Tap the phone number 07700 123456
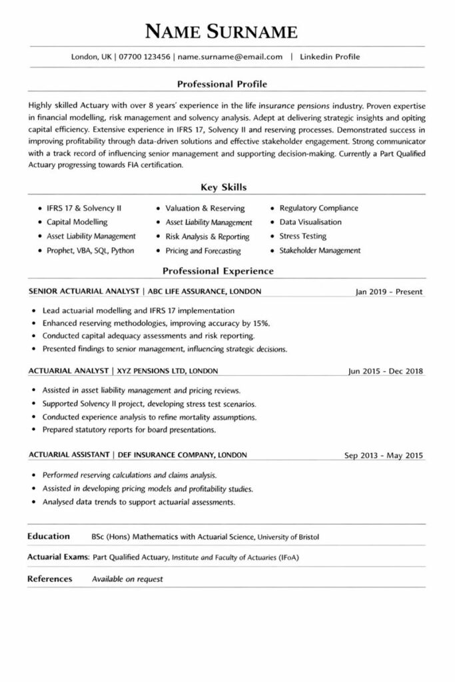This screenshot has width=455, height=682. tap(145, 57)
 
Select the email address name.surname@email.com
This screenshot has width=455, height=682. tap(230, 57)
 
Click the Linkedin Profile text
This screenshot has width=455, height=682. tap(330, 57)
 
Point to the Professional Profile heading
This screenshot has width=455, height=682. tap(223, 85)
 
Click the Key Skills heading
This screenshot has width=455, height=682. tap(223, 188)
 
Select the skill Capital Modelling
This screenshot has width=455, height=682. tap(77, 222)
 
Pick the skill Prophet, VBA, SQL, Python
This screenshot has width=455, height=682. tap(91, 250)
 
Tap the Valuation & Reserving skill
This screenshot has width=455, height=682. tap(205, 208)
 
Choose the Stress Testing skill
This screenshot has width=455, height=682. tap(302, 236)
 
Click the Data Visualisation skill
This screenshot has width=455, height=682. tap(310, 222)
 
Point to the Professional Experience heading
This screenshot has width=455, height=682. tap(219, 271)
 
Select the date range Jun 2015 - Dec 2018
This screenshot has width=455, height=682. tap(386, 371)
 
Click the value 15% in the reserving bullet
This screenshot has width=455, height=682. tap(261, 323)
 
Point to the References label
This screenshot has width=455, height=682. tap(49, 579)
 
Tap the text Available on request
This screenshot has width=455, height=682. tap(127, 579)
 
